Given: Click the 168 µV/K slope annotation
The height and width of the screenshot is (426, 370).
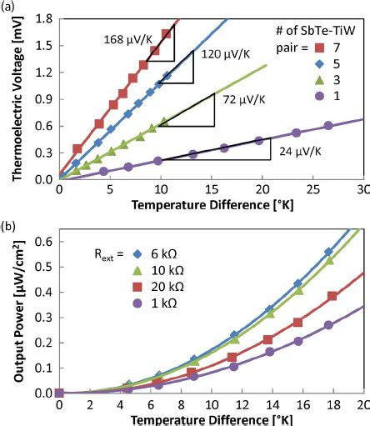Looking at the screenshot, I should click(127, 38).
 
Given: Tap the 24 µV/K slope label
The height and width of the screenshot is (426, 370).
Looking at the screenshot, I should click(295, 152).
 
